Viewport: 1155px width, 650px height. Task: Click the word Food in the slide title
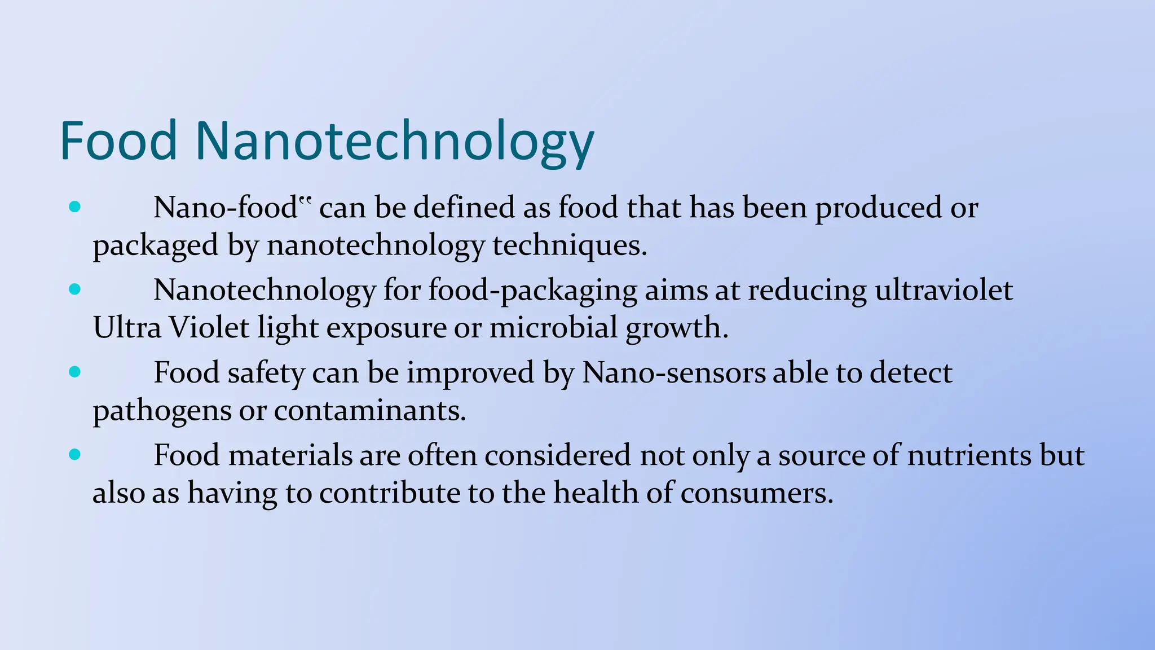tap(118, 140)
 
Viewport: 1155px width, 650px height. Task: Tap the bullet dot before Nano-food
tap(74, 207)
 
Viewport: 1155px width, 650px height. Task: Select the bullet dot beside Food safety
tap(74, 372)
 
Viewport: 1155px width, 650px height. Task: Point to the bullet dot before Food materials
tap(74, 455)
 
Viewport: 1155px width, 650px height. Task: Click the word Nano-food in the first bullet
tap(226, 207)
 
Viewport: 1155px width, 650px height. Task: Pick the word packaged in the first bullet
tap(156, 246)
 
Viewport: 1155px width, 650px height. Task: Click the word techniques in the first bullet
tap(570, 246)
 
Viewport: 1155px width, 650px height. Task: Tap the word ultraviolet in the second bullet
tap(944, 290)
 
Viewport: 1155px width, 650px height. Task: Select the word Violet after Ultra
tap(209, 327)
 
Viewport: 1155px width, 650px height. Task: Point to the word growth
tap(677, 328)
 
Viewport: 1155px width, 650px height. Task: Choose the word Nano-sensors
tap(673, 372)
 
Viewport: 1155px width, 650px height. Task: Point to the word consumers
tap(756, 493)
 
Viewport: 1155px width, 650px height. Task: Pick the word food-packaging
tap(532, 291)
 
